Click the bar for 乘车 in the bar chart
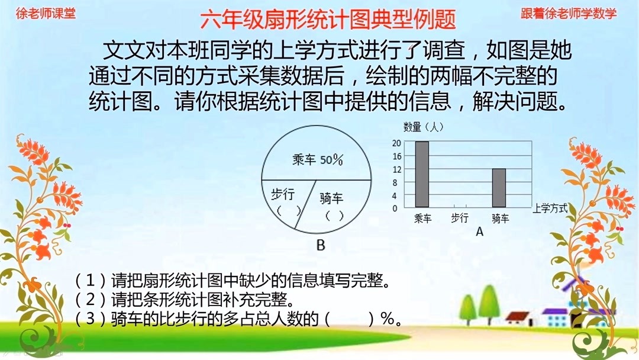point(421,175)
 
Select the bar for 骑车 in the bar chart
point(499,188)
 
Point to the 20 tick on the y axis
point(396,143)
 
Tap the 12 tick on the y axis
point(396,169)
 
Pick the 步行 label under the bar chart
point(460,218)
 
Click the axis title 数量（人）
point(423,127)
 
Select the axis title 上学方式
point(550,208)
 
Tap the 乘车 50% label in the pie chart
point(318,159)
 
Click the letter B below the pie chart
point(321,245)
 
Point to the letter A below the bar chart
point(479,232)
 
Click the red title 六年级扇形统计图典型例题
point(328,20)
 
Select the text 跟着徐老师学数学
point(568,13)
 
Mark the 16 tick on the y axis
point(396,156)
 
